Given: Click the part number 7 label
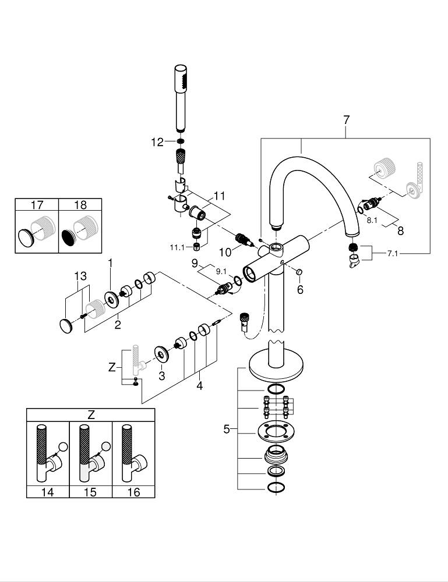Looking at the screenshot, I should tap(346, 120).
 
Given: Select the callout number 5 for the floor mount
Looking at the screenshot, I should tap(227, 430).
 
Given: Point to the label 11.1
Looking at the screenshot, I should tap(177, 247).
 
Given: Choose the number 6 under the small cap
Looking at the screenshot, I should tap(300, 289).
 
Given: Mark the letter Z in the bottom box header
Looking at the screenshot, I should tap(91, 415).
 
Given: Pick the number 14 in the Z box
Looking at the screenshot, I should tap(48, 492).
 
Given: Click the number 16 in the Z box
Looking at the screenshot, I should tap(133, 492).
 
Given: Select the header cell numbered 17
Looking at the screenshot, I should tap(37, 205).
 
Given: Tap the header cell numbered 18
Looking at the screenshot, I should tap(80, 205).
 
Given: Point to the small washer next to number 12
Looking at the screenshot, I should tap(181, 142).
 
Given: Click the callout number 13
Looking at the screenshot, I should tap(80, 275).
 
